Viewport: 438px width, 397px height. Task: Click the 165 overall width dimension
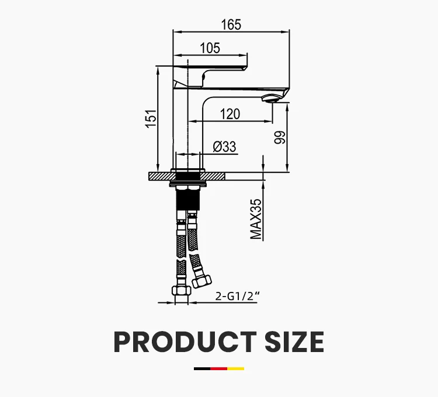(x=231, y=25)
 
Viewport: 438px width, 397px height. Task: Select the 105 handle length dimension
(x=210, y=48)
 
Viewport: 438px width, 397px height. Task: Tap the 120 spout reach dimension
(x=230, y=114)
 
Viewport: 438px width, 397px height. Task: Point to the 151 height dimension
(x=151, y=119)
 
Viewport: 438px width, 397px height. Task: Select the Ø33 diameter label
(x=224, y=147)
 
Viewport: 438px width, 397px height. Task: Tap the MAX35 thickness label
(x=256, y=219)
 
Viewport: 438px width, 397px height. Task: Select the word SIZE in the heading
(x=295, y=342)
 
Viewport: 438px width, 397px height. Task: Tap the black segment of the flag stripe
(x=202, y=368)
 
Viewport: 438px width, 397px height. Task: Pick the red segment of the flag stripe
(x=219, y=368)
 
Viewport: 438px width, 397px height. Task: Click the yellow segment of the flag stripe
(x=236, y=368)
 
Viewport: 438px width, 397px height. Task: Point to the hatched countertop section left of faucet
(x=159, y=175)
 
